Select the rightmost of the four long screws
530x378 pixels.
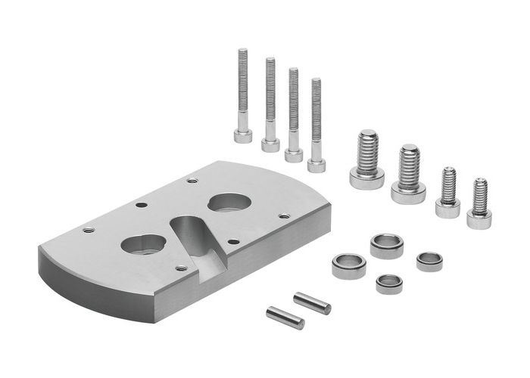click(x=316, y=125)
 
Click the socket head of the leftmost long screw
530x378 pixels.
click(x=243, y=135)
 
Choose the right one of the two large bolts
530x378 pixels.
click(x=409, y=174)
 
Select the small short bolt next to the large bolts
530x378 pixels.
click(x=448, y=192)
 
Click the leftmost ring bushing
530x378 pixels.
click(x=348, y=265)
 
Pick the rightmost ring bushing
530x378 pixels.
click(x=430, y=261)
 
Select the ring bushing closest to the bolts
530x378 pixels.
click(x=386, y=246)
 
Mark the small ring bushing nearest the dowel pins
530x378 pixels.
click(x=389, y=283)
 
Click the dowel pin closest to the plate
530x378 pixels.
click(x=285, y=317)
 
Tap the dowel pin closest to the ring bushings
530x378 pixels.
click(x=312, y=303)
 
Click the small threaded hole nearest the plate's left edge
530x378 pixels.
click(x=89, y=230)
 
